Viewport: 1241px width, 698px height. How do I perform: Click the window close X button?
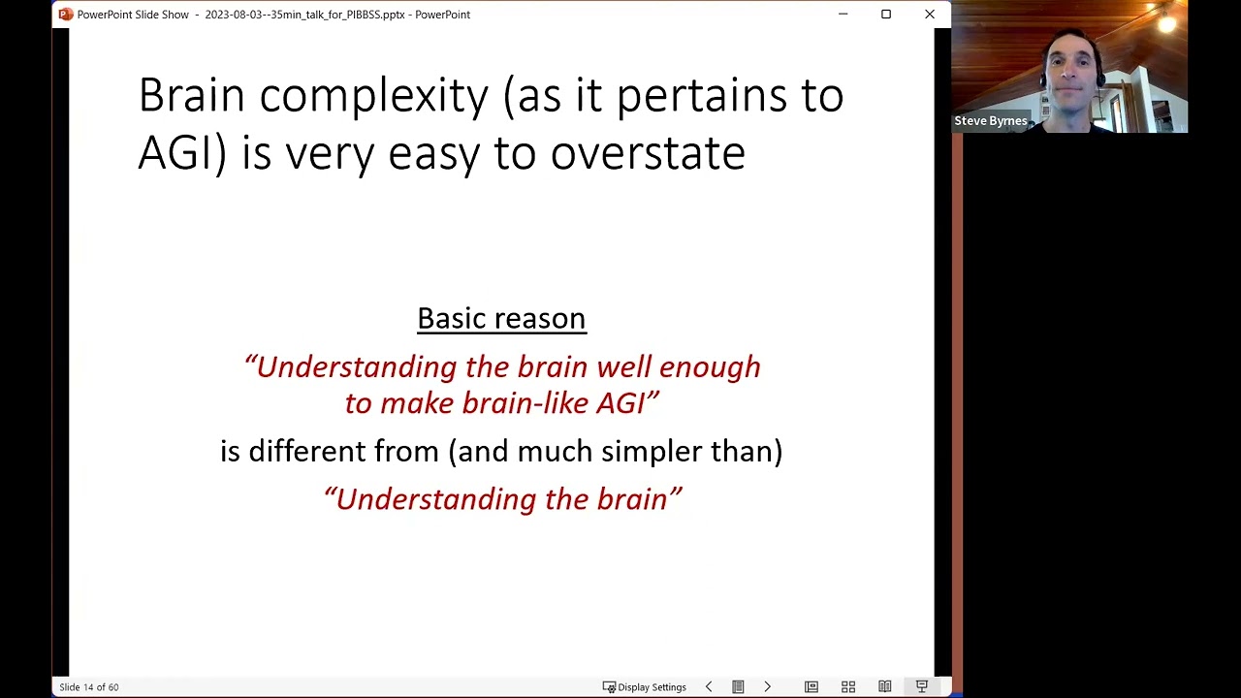pos(930,15)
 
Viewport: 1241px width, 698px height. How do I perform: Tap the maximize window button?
pos(886,15)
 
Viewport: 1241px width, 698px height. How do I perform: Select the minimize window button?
pos(843,15)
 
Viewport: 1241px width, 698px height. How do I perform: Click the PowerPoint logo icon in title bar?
pos(65,15)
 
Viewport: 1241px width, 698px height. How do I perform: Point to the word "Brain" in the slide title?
pos(192,95)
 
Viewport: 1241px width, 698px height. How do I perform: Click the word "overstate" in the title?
pos(648,153)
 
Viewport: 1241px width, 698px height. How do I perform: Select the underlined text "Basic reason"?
pos(502,319)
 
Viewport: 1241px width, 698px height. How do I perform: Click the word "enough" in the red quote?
pos(711,368)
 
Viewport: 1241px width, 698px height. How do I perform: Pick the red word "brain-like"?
pos(525,402)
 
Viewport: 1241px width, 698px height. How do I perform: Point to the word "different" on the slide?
pos(307,451)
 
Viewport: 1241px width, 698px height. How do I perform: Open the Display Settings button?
pos(645,687)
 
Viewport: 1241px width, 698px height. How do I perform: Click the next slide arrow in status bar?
pos(767,687)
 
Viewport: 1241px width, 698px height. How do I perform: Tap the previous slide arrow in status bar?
pos(709,687)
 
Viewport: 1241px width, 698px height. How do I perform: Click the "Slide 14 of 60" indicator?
pos(88,687)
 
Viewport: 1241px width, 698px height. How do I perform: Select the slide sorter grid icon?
pos(848,687)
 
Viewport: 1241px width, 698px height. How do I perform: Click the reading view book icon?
pos(885,687)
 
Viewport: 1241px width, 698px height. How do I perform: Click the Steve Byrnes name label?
pos(991,121)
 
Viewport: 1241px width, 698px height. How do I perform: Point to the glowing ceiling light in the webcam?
pos(1166,22)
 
